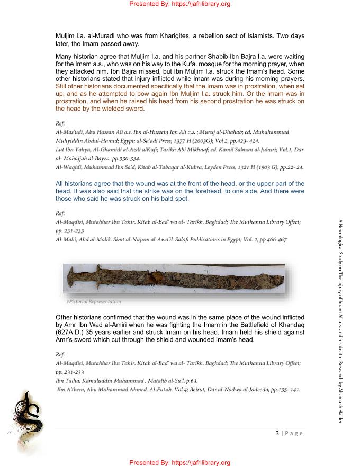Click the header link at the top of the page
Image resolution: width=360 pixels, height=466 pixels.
point(179,4)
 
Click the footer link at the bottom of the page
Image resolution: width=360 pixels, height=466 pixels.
point(179,462)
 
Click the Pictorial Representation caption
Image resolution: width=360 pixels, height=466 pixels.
point(94,302)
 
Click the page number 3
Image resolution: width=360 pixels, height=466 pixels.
point(277,433)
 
